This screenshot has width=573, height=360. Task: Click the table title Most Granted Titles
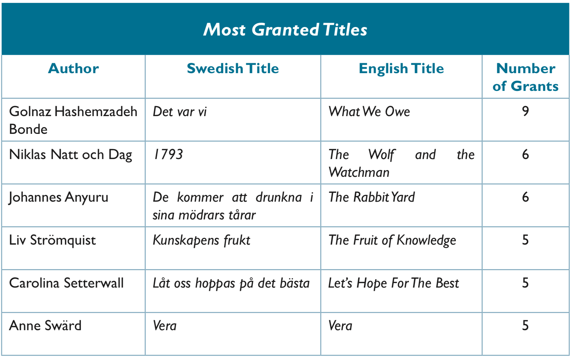pyautogui.click(x=285, y=30)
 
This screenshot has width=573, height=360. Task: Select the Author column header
pyautogui.click(x=73, y=68)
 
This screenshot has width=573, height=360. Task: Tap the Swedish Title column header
pyautogui.click(x=233, y=68)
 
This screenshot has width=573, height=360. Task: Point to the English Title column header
pyautogui.click(x=402, y=69)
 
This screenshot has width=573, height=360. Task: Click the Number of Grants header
pyautogui.click(x=525, y=77)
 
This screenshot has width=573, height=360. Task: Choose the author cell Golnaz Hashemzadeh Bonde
pyautogui.click(x=73, y=120)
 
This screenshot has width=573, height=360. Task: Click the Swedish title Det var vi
pyautogui.click(x=180, y=111)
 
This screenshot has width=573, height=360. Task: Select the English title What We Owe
pyautogui.click(x=369, y=111)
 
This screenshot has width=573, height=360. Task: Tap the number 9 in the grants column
pyautogui.click(x=525, y=111)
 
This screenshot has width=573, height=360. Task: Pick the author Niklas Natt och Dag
pyautogui.click(x=71, y=155)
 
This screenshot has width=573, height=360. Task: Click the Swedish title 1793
pyautogui.click(x=168, y=154)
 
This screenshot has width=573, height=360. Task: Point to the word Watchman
pyautogui.click(x=359, y=172)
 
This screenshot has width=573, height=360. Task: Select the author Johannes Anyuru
pyautogui.click(x=59, y=198)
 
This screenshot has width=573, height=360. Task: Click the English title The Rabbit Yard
pyautogui.click(x=371, y=197)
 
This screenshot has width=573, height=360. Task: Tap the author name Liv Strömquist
pyautogui.click(x=53, y=240)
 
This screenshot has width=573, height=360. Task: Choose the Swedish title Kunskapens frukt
pyautogui.click(x=202, y=240)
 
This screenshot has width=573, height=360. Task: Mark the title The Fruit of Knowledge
pyautogui.click(x=392, y=240)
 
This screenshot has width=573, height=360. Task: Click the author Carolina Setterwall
pyautogui.click(x=66, y=283)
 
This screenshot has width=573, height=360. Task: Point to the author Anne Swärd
pyautogui.click(x=45, y=326)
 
